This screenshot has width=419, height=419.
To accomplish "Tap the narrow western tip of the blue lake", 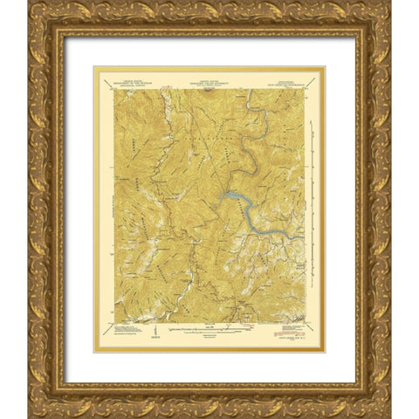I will [x=221, y=197].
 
